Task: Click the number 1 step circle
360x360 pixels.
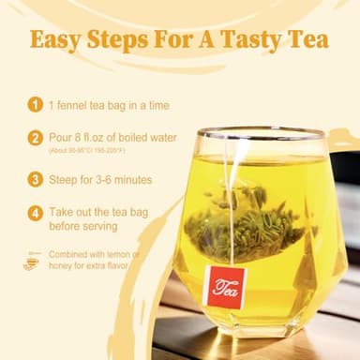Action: pos(35,105)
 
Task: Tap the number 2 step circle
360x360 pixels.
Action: pos(35,138)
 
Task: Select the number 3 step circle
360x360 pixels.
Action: pos(35,178)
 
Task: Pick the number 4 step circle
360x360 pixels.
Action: pos(35,212)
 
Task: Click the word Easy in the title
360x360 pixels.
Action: pos(58,41)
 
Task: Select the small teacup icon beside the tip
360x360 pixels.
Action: pos(33,260)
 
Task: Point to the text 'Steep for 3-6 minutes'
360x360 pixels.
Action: pos(101,178)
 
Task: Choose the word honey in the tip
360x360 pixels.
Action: pos(64,266)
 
